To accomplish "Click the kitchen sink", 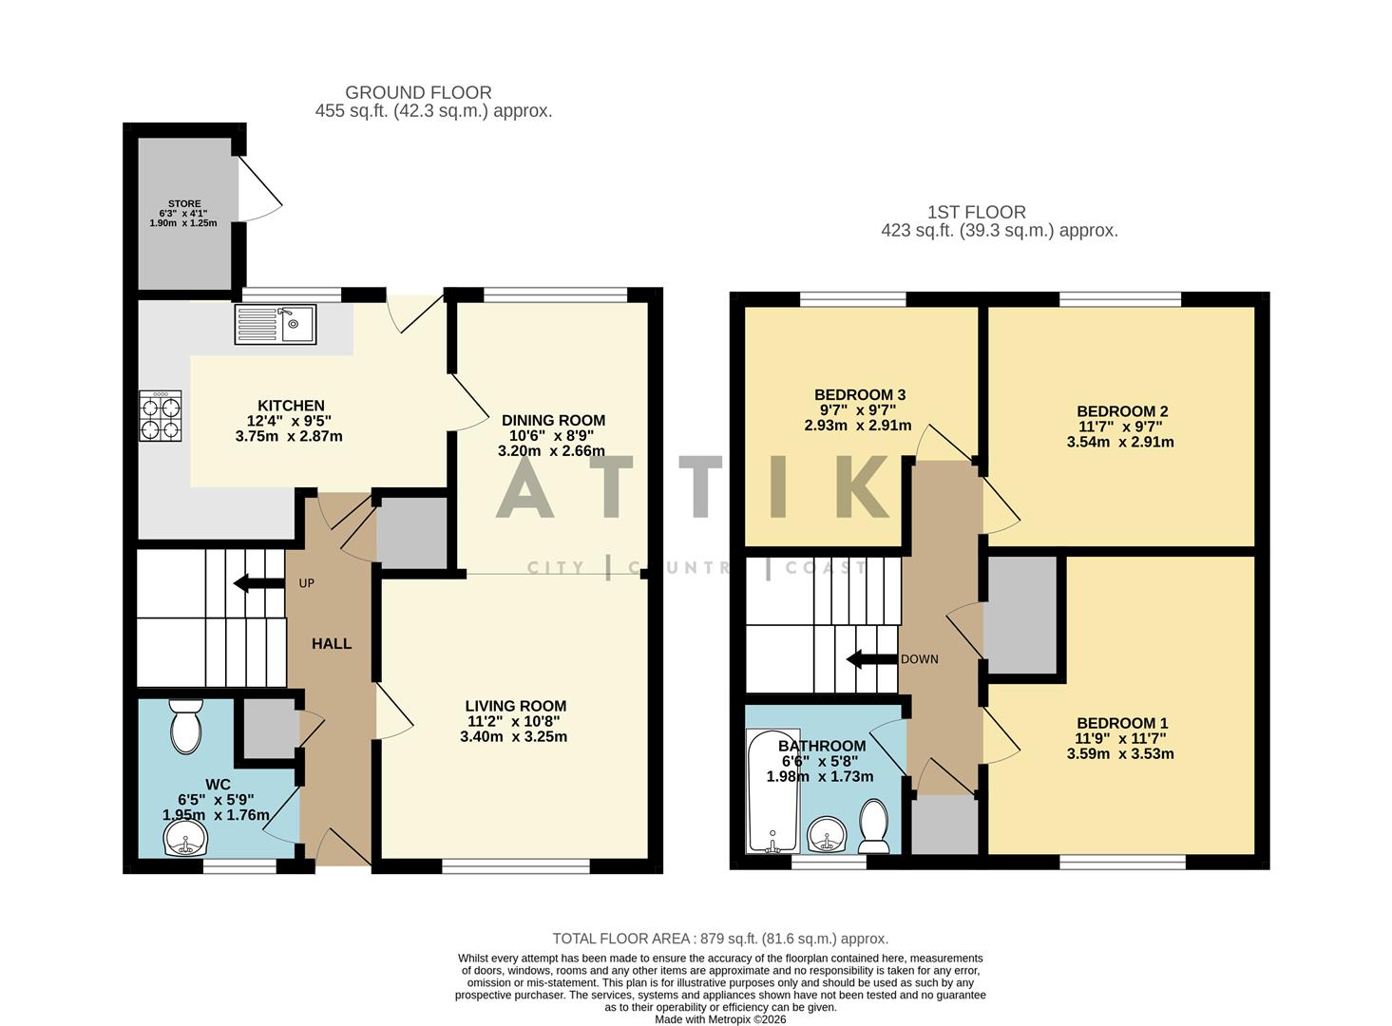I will pos(275,324).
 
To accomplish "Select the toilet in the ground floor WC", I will pos(184,727).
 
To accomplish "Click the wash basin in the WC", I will pos(184,837).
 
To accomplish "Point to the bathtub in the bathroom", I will pos(772,790).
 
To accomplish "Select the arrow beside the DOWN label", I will pos(871,659).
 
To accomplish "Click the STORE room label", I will pos(183,203).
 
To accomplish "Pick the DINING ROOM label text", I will pos(553,420).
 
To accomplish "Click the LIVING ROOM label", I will pos(515,706).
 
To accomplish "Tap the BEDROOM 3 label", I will pos(859,395).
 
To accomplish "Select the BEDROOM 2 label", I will pos(1121,411).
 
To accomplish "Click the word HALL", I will pos(332,644).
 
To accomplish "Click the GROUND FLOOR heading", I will pos(418,92).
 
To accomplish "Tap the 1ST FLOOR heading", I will pos(976,213).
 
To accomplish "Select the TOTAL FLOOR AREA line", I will pos(719,939).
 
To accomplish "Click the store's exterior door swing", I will pos(258,189).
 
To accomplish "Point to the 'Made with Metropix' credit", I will pos(719,1019).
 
